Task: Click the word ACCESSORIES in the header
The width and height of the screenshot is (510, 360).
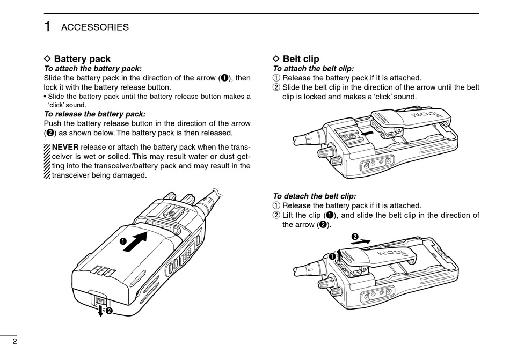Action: (x=95, y=27)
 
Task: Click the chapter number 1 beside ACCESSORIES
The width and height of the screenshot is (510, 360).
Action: (x=47, y=27)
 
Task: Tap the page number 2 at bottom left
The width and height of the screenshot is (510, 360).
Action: (x=14, y=341)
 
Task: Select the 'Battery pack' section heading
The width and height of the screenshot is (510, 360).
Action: (x=82, y=59)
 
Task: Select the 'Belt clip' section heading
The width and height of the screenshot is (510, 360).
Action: (x=301, y=59)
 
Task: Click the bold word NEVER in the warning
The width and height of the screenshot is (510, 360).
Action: (x=65, y=147)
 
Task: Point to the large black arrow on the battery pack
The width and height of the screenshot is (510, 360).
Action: (x=135, y=242)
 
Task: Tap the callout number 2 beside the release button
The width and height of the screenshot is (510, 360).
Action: (x=109, y=311)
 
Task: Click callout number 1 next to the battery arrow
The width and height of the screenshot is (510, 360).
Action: (x=122, y=241)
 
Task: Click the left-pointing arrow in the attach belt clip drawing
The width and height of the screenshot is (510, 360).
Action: (x=367, y=133)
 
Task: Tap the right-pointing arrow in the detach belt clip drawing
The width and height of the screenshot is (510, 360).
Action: (x=360, y=242)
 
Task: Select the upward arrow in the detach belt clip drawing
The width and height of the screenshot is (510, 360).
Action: (x=339, y=256)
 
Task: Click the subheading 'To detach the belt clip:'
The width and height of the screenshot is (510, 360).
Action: (x=314, y=196)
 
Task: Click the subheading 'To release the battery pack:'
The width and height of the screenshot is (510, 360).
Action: (x=94, y=114)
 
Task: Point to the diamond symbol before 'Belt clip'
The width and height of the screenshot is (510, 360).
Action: (x=276, y=58)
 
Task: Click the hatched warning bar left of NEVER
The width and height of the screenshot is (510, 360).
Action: (x=47, y=161)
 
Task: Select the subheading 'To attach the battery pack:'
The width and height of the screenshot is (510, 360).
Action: (x=93, y=69)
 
